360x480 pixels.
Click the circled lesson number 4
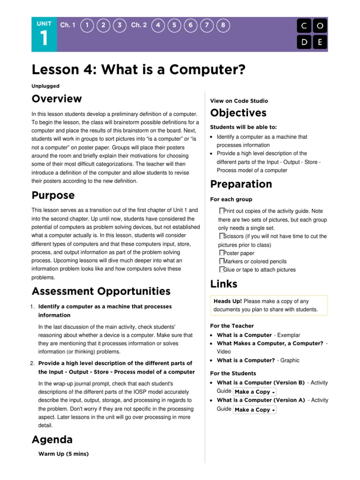click(x=158, y=25)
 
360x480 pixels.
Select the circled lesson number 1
click(x=86, y=25)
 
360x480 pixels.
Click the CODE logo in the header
click(x=312, y=34)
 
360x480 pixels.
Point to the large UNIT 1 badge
click(x=44, y=34)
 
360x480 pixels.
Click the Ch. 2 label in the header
click(x=139, y=25)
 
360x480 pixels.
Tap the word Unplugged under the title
click(x=45, y=86)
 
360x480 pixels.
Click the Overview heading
click(x=56, y=99)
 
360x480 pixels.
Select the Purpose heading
click(x=52, y=195)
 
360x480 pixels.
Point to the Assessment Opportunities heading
click(x=101, y=292)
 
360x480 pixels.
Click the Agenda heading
click(x=52, y=440)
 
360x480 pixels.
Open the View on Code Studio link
click(x=239, y=101)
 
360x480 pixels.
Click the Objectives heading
click(x=238, y=113)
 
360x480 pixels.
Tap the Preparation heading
click(x=241, y=184)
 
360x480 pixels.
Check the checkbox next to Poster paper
click(x=222, y=253)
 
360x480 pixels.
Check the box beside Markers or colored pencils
click(x=222, y=261)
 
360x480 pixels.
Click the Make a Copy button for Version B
click(x=255, y=392)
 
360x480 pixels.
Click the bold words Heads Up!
click(x=228, y=301)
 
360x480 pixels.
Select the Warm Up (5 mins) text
click(x=63, y=454)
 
